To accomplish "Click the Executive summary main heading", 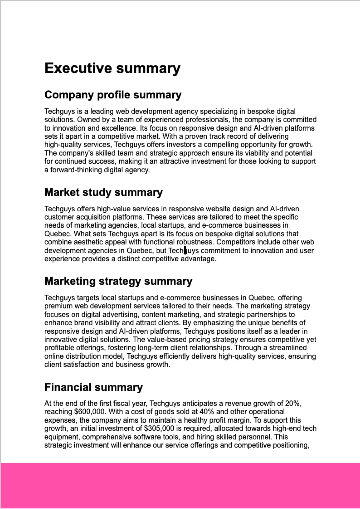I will point(112,68).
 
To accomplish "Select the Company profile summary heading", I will point(113,95).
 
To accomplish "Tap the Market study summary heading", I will point(103,192).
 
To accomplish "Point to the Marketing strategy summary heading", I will point(118,281).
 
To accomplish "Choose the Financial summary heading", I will point(93,387).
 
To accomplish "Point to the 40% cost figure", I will point(207,412).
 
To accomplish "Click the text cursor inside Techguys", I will point(185,250).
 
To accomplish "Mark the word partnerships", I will point(267,314).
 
